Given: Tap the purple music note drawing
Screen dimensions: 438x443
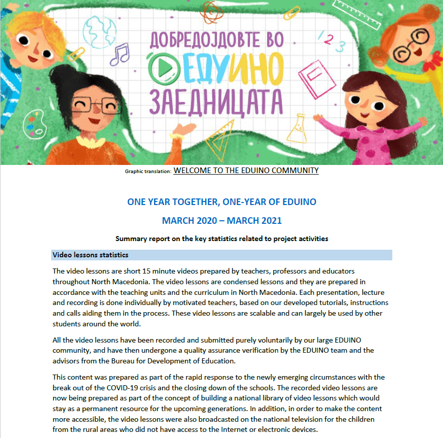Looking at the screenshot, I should point(120,53).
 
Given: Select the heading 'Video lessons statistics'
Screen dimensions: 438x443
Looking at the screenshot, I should point(90,255).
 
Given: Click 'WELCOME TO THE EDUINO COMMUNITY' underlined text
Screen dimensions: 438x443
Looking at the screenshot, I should point(246,171).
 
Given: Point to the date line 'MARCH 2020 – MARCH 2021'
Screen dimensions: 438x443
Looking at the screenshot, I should point(221,221).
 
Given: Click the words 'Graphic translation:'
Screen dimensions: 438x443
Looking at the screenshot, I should point(148,172).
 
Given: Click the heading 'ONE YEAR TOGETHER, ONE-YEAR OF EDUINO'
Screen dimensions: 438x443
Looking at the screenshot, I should point(221,202).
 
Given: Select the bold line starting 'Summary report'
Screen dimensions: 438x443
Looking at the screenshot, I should point(221,239).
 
